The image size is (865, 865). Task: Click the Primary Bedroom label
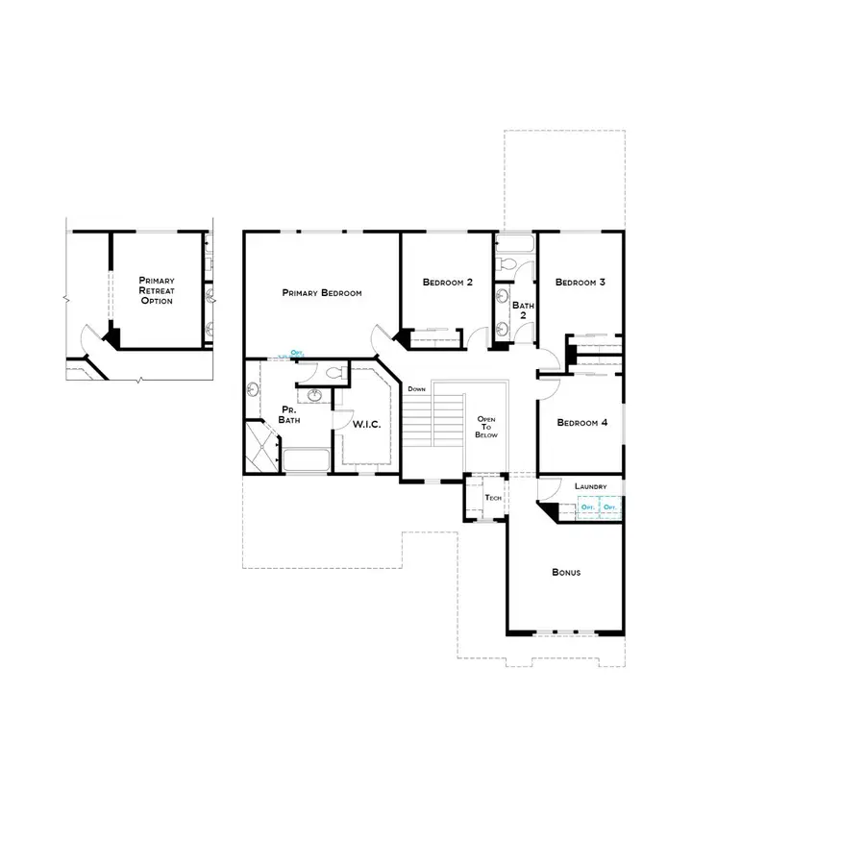coord(322,292)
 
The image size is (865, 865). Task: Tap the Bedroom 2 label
coord(448,283)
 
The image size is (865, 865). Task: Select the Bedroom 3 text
coord(581,283)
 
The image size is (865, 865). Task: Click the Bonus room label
coord(566,572)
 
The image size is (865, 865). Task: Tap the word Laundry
coord(590,487)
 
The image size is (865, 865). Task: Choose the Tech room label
coord(494,498)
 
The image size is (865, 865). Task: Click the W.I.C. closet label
coord(369,423)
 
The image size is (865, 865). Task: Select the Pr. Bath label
coord(289,415)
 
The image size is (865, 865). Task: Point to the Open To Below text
coord(486,427)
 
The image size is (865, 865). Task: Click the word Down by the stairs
coord(416,389)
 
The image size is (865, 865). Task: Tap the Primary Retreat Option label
coord(156,290)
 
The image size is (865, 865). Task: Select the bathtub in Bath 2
coord(515,242)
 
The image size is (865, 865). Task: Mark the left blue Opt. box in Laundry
coord(585,507)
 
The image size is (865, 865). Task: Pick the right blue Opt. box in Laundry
coord(608,507)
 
